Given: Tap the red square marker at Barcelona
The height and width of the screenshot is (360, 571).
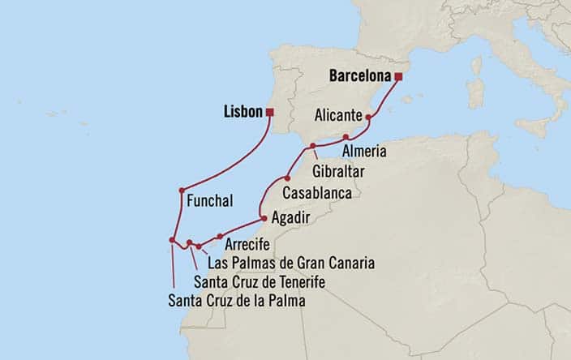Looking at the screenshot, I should [398, 77].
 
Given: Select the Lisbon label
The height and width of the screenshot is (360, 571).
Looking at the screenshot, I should [243, 112].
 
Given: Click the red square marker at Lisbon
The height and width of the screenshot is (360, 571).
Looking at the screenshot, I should [270, 112].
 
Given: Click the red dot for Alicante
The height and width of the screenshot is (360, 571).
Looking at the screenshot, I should [368, 118].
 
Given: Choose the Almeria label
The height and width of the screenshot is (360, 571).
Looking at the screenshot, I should [363, 152].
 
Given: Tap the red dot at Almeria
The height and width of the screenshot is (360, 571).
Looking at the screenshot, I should [346, 136].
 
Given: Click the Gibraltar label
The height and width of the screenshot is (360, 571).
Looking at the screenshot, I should [337, 172].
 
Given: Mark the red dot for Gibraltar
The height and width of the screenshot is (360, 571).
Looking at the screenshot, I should [313, 146].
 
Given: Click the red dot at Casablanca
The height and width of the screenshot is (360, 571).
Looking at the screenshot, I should [286, 178].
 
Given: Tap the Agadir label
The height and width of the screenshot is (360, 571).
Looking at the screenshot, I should [290, 217].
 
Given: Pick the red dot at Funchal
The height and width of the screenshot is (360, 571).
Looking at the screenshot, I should [183, 191].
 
